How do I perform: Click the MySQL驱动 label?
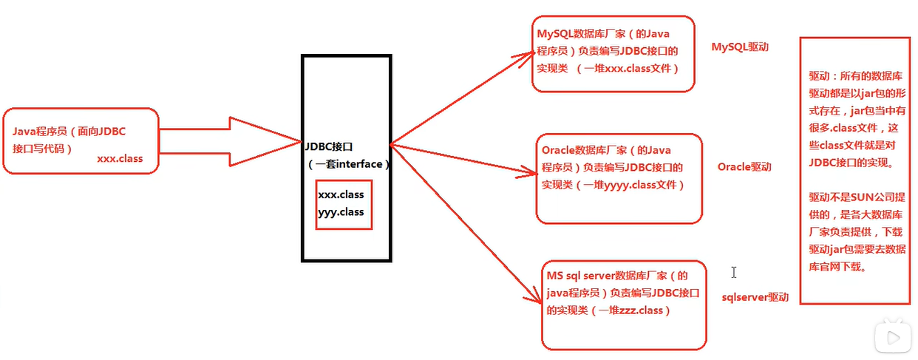(x=740, y=47)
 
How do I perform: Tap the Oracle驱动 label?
(x=744, y=166)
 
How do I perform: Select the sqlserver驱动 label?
(x=755, y=297)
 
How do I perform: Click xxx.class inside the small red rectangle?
(x=341, y=194)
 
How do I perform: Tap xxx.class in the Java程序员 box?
(x=120, y=158)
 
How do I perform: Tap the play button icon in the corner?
(x=891, y=338)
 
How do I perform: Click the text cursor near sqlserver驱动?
(x=733, y=273)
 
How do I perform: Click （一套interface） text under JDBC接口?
(x=347, y=163)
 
